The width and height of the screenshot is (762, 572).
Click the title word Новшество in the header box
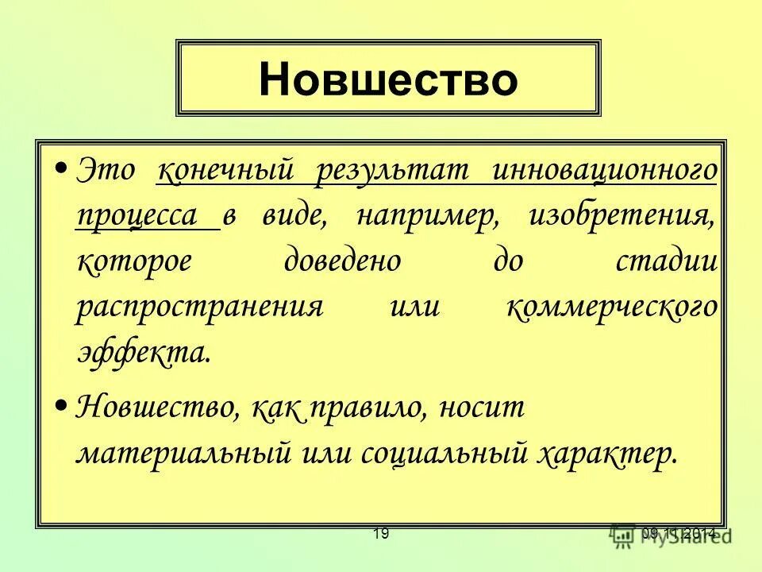387,79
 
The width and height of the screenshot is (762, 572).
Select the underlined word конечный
225,171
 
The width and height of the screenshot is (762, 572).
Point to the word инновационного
604,171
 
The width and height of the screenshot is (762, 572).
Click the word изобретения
620,216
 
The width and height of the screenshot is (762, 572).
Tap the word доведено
342,261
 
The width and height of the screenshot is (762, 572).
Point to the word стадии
666,261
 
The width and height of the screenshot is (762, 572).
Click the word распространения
200,307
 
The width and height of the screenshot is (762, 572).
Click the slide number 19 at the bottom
381,534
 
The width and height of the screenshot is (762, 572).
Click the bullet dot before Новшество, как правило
62,407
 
